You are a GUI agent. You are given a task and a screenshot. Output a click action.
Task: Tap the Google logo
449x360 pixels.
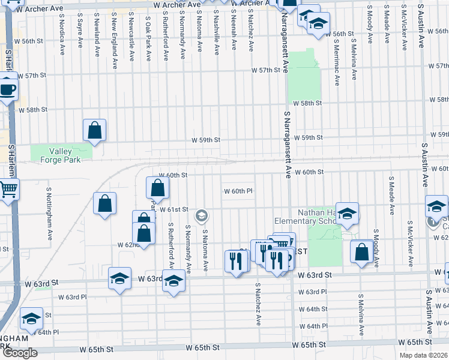[x=20, y=353]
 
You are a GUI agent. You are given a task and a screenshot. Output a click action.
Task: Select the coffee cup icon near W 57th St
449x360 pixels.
[x=8, y=90]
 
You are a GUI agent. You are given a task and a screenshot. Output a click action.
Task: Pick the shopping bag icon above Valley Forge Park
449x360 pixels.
[x=95, y=130]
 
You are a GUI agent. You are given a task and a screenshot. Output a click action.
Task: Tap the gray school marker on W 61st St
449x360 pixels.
[x=202, y=215]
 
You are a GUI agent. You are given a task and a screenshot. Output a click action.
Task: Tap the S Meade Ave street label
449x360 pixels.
[x=391, y=194]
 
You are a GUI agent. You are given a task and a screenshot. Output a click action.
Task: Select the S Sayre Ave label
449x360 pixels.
[x=80, y=37]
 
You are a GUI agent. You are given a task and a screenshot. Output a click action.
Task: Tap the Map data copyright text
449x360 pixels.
[x=423, y=355]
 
